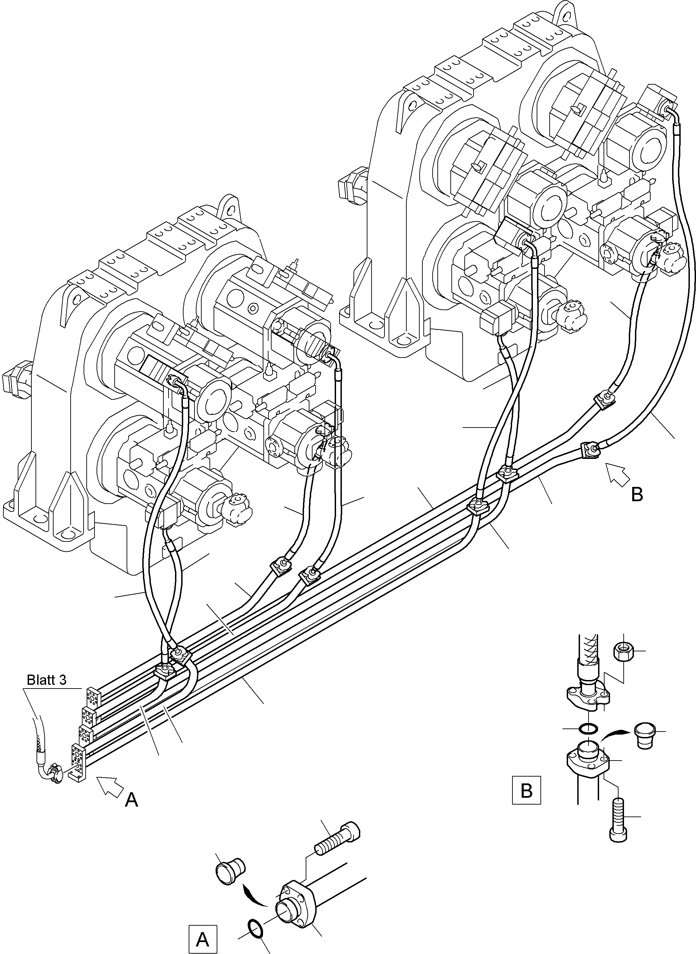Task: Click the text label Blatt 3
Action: pos(46,680)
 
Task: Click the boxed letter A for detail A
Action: pos(203,939)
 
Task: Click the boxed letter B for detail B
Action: pos(526,790)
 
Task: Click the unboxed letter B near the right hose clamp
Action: pos(637,495)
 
